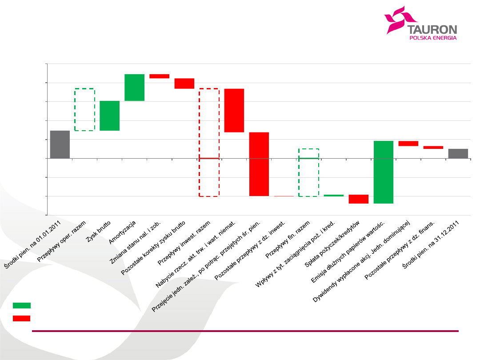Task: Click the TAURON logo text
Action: tap(432, 30)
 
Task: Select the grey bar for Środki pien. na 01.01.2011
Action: tap(60, 144)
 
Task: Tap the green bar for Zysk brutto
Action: tap(109, 116)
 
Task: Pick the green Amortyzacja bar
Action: tap(134, 88)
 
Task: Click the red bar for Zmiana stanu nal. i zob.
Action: tap(159, 76)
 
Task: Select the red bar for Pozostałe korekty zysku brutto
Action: tap(184, 84)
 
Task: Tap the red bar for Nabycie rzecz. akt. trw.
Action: tap(234, 111)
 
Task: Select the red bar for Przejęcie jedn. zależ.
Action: tap(259, 164)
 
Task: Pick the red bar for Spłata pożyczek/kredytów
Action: tap(358, 199)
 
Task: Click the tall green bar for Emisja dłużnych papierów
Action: tap(383, 172)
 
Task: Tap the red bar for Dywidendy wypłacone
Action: tap(408, 144)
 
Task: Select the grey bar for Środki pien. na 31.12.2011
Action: tap(458, 153)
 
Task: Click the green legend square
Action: tap(22, 305)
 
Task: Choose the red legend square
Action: tap(22, 318)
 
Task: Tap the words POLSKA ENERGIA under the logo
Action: tap(432, 38)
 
